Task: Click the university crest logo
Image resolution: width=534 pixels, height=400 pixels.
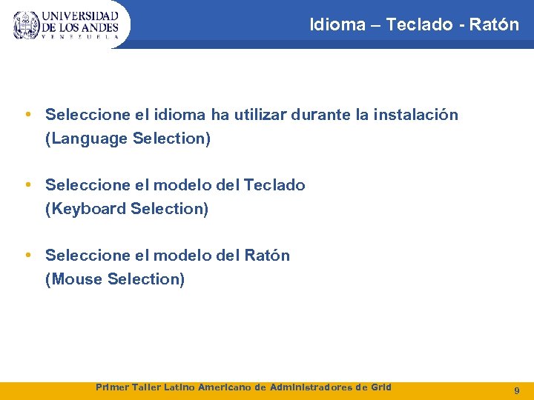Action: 26,25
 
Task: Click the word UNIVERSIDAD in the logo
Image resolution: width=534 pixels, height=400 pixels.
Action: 80,16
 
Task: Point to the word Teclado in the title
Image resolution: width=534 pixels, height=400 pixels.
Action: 421,24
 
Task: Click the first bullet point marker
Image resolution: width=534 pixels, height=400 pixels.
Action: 27,115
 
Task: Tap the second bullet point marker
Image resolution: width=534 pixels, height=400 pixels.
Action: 27,185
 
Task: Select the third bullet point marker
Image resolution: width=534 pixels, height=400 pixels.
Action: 27,256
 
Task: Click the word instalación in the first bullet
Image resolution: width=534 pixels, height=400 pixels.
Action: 415,115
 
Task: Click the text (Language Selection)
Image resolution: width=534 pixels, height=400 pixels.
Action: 128,139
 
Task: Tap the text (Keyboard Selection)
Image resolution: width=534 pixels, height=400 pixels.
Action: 127,209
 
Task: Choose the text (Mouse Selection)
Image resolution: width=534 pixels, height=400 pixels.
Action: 115,279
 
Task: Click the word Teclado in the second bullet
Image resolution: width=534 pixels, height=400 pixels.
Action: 274,185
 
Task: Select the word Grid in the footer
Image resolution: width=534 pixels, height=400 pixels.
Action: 379,387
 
